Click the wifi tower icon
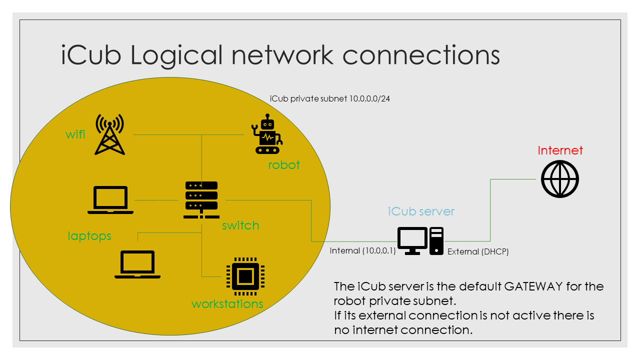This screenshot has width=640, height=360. [109, 134]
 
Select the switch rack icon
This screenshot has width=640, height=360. [201, 199]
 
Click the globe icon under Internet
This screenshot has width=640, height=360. [560, 179]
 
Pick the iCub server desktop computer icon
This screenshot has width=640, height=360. [420, 240]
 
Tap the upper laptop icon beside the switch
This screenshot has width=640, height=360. [110, 200]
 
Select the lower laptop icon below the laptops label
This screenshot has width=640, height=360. [137, 264]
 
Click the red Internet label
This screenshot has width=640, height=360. [560, 150]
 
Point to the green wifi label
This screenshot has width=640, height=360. [75, 134]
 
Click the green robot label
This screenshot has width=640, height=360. [283, 165]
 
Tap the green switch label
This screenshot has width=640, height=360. [240, 225]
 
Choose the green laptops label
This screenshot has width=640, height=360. [89, 235]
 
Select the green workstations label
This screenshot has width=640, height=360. [227, 304]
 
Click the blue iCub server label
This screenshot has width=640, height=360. [421, 211]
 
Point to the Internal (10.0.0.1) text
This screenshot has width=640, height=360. [362, 251]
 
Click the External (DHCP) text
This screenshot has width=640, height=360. [478, 252]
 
